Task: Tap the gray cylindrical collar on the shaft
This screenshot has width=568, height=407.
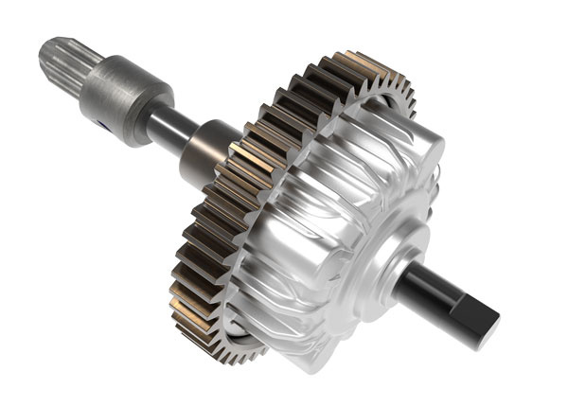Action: coord(123,90)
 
